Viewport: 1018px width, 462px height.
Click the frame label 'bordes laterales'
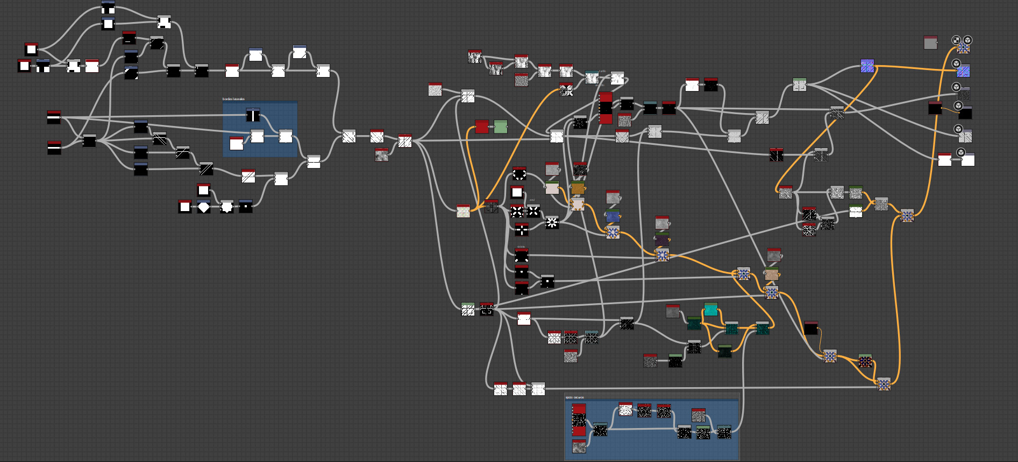(x=233, y=99)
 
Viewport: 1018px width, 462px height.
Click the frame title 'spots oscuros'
(x=574, y=397)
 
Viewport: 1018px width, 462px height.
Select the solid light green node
(x=500, y=127)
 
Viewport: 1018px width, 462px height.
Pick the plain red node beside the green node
(x=482, y=127)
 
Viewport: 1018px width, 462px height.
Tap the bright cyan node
(x=710, y=309)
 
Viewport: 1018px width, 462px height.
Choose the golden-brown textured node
(x=578, y=188)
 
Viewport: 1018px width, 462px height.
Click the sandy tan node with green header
(x=772, y=274)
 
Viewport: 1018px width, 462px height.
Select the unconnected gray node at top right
(x=930, y=43)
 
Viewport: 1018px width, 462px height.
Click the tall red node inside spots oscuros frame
(x=579, y=420)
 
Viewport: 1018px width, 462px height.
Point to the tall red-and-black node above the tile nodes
(x=606, y=108)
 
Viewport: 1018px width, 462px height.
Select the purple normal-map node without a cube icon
(x=867, y=66)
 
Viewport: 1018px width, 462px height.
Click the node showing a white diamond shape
(x=204, y=207)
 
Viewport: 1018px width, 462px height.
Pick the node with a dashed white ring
(x=519, y=173)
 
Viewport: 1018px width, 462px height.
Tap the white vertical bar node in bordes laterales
(x=253, y=115)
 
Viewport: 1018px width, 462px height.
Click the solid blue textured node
(x=613, y=216)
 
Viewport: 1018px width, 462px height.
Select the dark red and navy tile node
(x=865, y=361)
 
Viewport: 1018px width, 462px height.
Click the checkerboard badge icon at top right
(x=956, y=40)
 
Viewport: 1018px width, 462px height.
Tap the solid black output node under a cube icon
(x=965, y=113)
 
